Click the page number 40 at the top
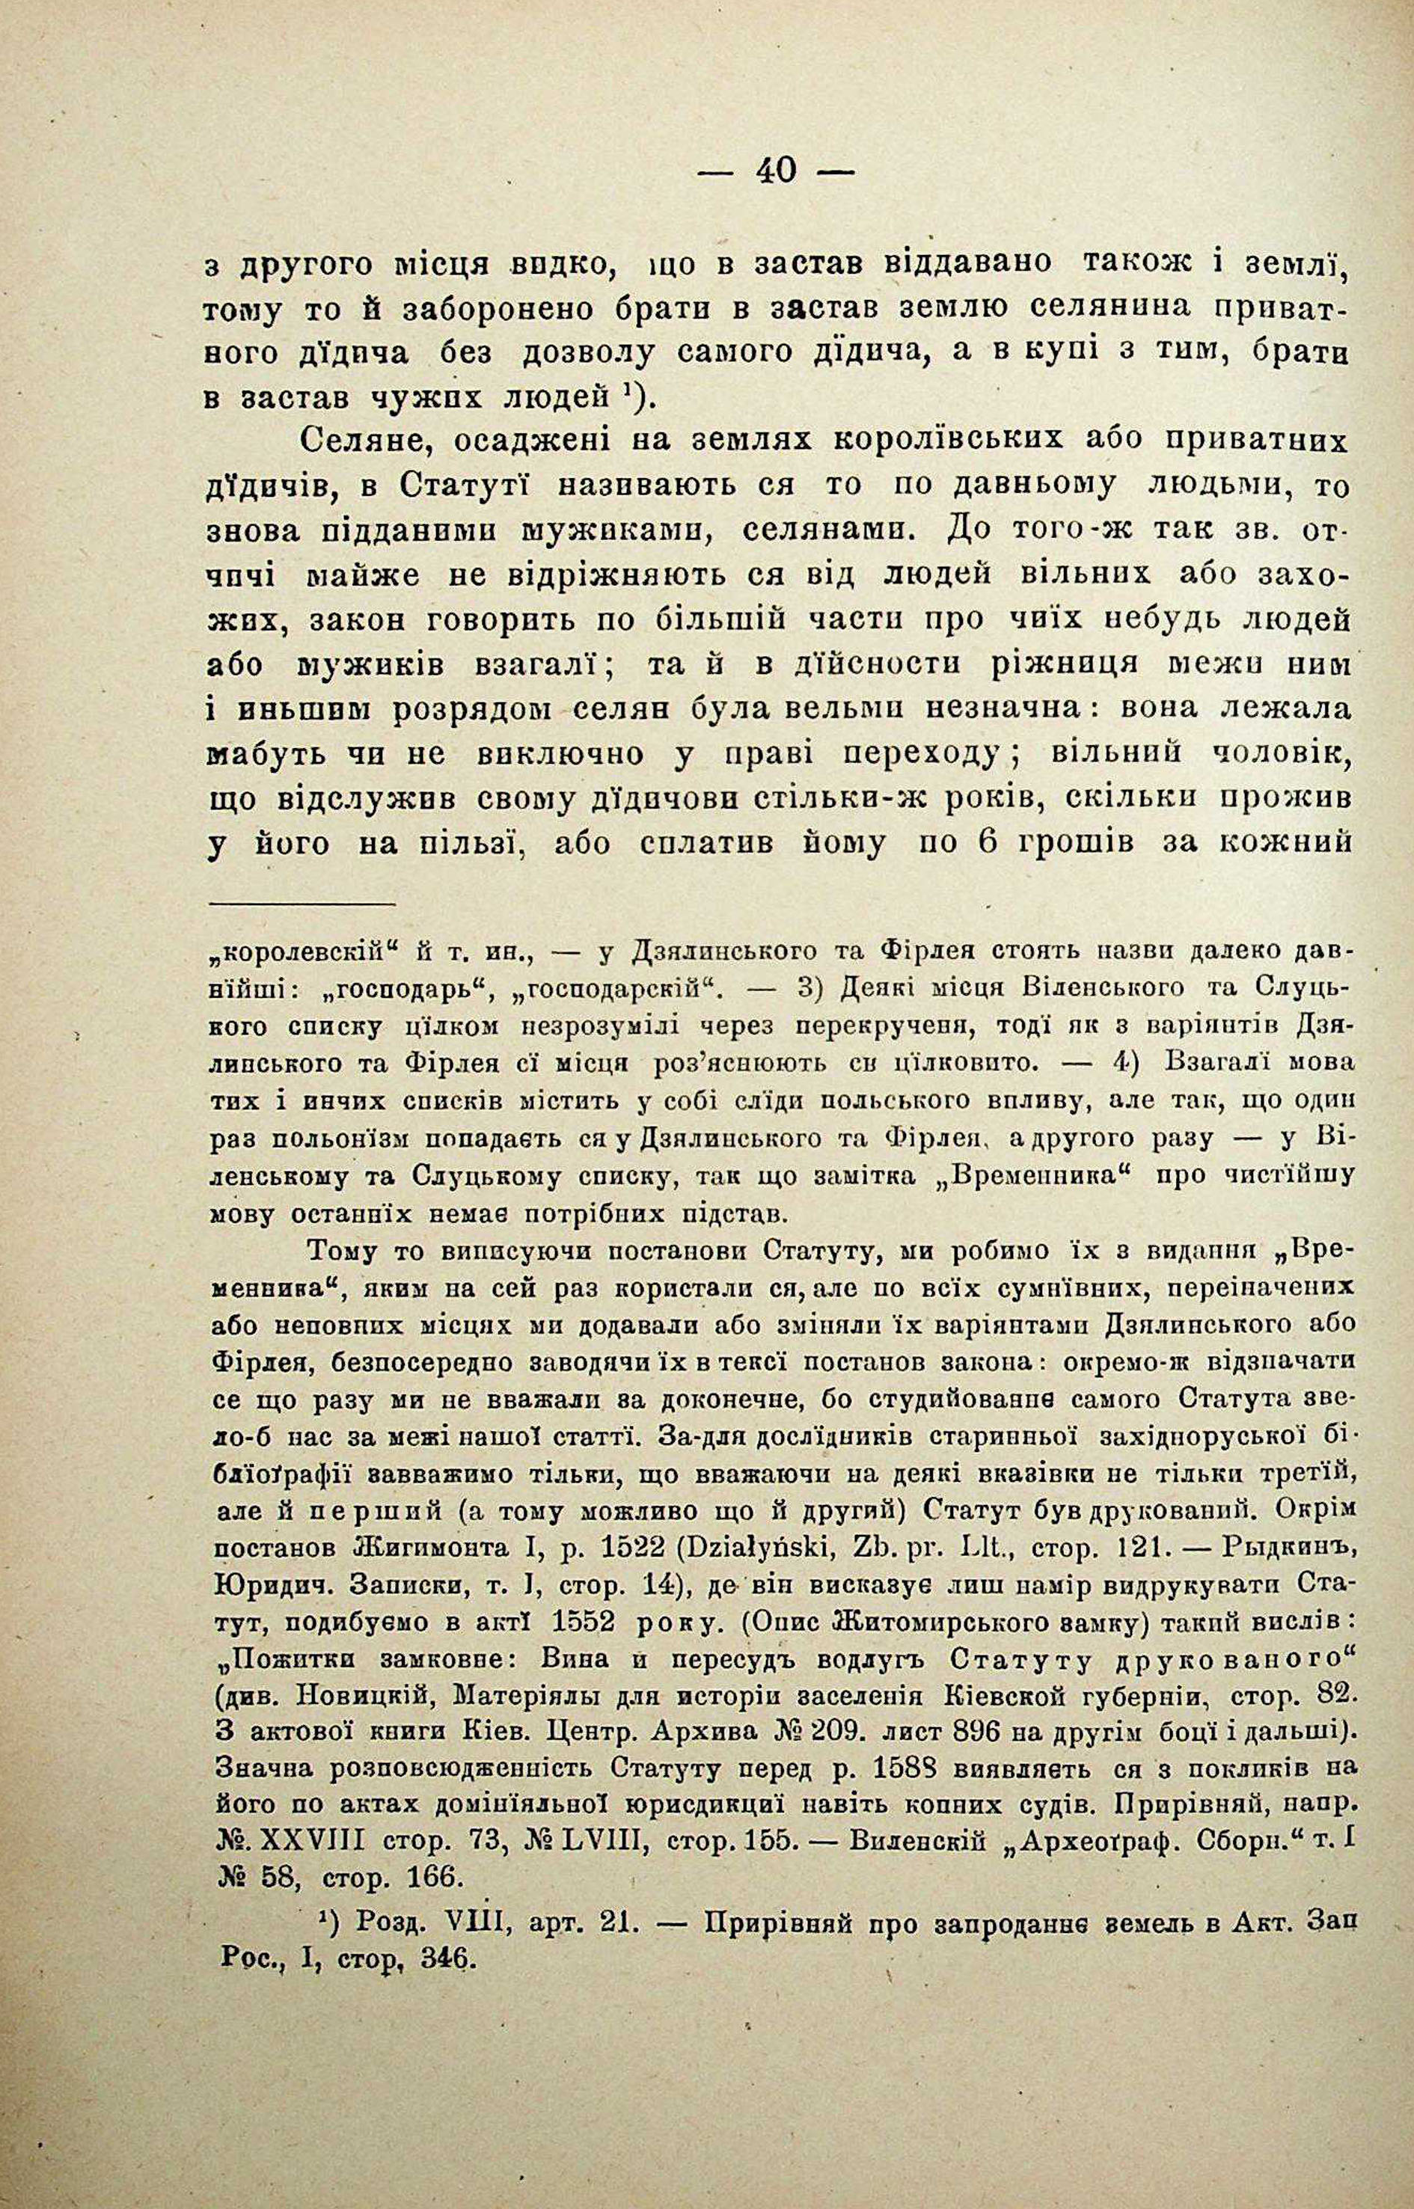775,171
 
